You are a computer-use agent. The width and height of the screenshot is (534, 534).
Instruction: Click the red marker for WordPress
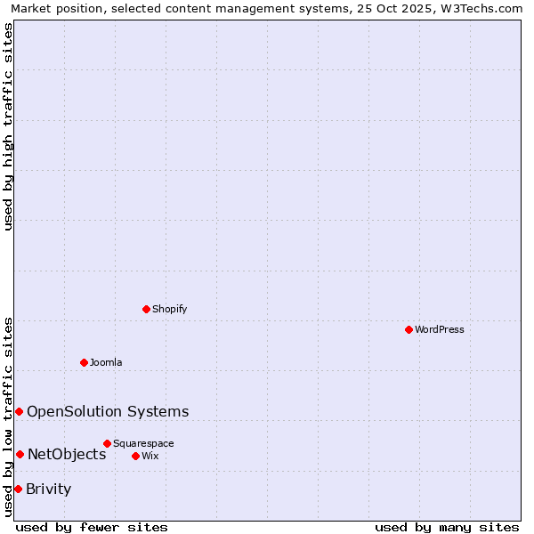click(409, 329)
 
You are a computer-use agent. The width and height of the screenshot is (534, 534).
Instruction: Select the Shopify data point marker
click(146, 309)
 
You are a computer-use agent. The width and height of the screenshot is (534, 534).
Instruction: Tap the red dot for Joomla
click(84, 362)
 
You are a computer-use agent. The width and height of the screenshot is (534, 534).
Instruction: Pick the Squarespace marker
click(107, 443)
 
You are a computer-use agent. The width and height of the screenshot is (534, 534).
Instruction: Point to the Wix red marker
click(135, 456)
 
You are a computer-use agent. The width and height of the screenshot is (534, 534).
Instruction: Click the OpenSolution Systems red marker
click(19, 411)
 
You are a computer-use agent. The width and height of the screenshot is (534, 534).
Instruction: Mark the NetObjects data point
click(20, 454)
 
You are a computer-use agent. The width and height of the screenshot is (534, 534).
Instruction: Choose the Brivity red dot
click(18, 489)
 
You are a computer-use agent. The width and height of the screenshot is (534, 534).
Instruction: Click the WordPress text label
click(440, 330)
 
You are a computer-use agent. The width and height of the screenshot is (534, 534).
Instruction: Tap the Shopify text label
click(170, 310)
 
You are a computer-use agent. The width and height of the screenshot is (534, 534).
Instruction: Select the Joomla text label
click(106, 363)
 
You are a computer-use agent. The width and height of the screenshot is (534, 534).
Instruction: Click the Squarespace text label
click(143, 444)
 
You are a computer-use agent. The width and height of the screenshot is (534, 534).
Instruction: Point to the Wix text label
click(150, 457)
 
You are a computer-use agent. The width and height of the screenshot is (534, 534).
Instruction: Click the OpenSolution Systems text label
click(108, 411)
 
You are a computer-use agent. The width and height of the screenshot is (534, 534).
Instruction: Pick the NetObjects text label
click(67, 455)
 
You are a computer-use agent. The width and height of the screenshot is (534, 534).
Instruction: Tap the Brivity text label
click(49, 489)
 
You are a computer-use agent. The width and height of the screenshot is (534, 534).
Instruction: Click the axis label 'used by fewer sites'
click(92, 527)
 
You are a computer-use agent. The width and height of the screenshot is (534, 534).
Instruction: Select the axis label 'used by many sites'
click(447, 527)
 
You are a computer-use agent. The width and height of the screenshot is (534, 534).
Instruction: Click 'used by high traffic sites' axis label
click(8, 126)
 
